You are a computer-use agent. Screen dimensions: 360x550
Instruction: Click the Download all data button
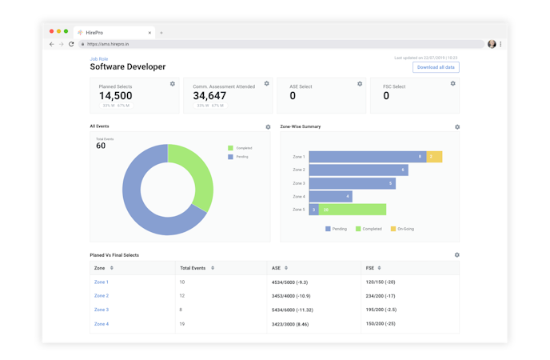(x=436, y=67)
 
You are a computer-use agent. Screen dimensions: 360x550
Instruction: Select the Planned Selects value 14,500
(x=115, y=96)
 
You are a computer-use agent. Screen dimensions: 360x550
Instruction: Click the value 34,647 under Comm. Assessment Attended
(x=209, y=96)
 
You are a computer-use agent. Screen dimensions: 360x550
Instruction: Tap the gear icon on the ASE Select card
(x=360, y=83)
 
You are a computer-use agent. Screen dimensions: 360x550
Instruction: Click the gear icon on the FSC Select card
(x=453, y=83)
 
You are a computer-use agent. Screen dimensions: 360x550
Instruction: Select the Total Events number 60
(x=101, y=146)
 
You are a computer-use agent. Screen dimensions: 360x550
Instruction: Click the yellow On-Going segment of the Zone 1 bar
(x=434, y=157)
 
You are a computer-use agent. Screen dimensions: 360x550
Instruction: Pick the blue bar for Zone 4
(x=330, y=196)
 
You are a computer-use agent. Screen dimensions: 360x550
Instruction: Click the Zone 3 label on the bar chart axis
(x=298, y=183)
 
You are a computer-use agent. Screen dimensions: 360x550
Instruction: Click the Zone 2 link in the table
(x=102, y=296)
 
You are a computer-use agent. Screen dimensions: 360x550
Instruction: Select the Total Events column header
(x=195, y=268)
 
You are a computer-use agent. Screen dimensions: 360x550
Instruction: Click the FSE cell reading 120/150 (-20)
(x=381, y=282)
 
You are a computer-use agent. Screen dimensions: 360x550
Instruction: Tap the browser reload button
(x=71, y=44)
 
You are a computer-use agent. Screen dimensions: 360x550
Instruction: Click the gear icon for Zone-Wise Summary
(x=457, y=126)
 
